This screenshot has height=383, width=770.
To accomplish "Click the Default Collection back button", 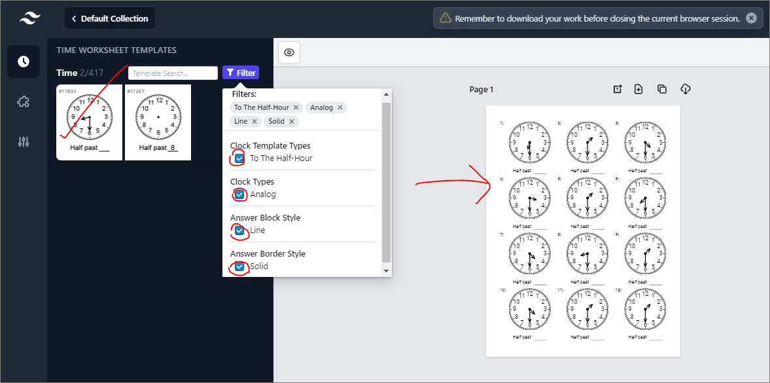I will point(110,18).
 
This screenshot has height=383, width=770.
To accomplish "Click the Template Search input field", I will point(173,73).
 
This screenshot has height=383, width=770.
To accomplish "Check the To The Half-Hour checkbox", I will point(239,158).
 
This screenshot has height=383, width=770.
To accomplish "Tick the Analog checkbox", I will point(239,194).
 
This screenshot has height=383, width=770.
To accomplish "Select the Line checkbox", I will point(239,230).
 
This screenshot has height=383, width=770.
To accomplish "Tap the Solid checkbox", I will point(239,266).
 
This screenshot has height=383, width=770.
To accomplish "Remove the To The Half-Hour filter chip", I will point(296,107).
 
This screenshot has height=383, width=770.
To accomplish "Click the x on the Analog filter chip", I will point(340,107).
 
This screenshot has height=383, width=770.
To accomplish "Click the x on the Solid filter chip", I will point(292,122).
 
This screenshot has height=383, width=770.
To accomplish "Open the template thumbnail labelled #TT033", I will point(89,122).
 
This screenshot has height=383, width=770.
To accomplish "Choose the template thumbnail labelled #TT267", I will point(158,122).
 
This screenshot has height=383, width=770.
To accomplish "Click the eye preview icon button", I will point(289,52).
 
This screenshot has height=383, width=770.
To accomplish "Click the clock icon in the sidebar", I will point(24,62).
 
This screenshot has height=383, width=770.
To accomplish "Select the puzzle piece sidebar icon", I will point(24,101).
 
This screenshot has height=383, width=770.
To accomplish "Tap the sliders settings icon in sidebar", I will point(24,142).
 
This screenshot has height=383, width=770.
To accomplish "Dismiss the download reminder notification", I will point(751,18).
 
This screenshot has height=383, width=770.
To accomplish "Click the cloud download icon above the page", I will point(686,89).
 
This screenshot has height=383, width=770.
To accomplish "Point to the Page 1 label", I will point(481,90).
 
